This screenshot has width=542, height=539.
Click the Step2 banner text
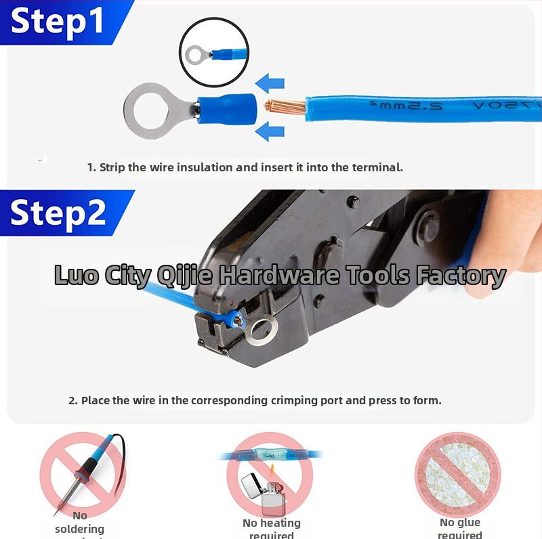(58, 213)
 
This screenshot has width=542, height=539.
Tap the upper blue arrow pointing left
(271, 84)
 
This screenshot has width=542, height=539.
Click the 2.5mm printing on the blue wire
(393, 106)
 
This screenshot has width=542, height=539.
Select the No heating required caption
(271, 528)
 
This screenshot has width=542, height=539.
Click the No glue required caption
(460, 528)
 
